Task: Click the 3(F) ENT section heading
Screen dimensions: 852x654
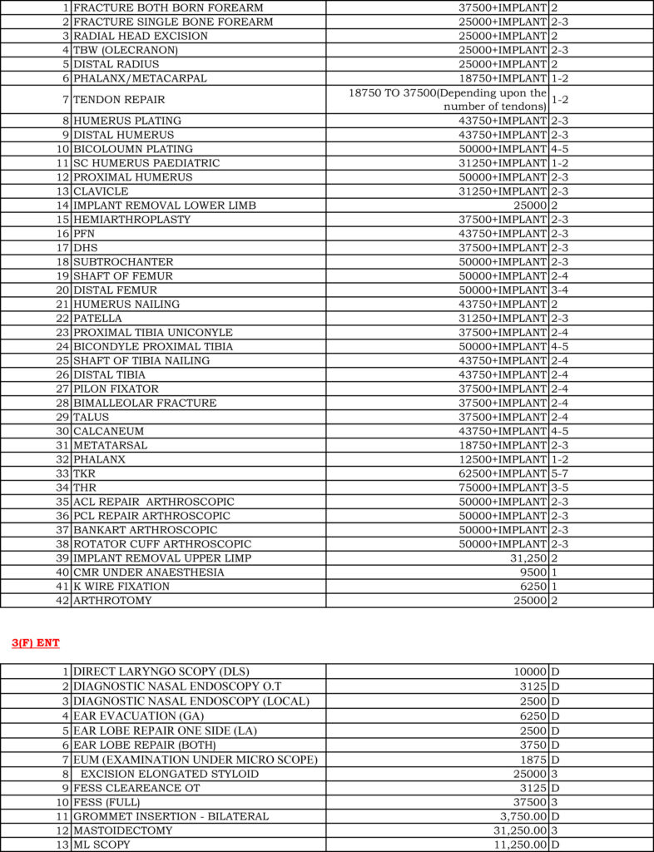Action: [36, 643]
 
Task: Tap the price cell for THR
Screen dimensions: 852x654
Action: [498, 488]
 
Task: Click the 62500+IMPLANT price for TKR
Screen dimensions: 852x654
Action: [498, 473]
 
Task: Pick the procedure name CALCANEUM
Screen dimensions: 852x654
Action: [109, 431]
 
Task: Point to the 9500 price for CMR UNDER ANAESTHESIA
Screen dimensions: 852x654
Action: [531, 572]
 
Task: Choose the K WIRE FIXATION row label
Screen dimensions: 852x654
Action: [121, 587]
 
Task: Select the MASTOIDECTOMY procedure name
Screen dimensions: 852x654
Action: [123, 830]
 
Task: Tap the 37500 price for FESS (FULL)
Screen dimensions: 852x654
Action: [528, 802]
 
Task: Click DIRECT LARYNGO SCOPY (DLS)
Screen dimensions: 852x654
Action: [161, 671]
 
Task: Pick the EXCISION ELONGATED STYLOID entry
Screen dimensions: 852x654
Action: [170, 774]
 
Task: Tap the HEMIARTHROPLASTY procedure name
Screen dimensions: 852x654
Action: [132, 220]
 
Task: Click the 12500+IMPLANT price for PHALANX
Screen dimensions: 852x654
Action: [498, 459]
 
